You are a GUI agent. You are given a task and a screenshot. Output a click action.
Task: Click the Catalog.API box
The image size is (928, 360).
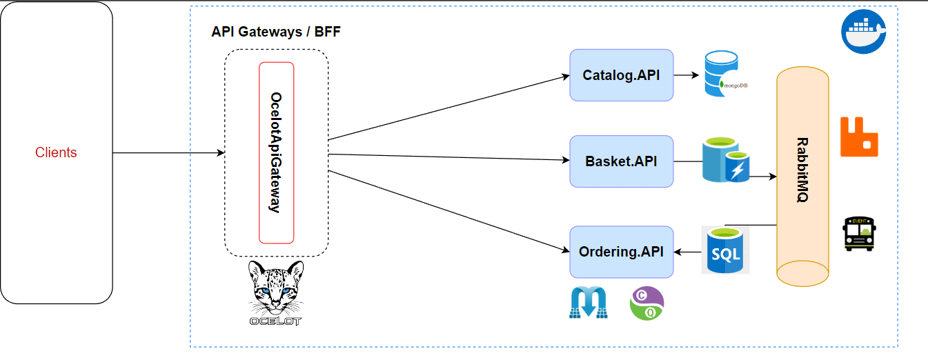coord(621,75)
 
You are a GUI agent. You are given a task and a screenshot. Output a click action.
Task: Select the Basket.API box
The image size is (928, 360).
coord(621,161)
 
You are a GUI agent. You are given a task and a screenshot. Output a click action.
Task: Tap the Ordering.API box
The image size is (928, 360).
coord(621,252)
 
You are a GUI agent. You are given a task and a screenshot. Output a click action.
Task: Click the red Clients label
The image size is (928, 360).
coord(56,152)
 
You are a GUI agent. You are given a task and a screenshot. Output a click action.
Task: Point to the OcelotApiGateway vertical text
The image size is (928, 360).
coord(275,152)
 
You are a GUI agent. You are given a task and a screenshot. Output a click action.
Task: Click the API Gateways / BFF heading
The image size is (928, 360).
coord(276,32)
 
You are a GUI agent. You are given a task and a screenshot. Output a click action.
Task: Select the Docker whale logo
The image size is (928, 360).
coord(862,31)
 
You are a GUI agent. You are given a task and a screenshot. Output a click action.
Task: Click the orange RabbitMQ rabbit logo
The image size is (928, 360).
coord(858,137)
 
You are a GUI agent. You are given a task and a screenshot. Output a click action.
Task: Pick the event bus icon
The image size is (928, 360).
coord(859,233)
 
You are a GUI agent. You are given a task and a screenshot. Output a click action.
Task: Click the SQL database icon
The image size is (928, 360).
coord(725,250)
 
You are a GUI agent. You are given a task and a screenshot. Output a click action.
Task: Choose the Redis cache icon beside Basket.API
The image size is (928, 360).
coord(725,160)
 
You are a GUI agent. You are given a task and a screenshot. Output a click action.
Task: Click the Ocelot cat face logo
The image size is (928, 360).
coord(275,290)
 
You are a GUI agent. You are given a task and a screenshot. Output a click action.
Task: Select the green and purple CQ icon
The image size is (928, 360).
coord(646,303)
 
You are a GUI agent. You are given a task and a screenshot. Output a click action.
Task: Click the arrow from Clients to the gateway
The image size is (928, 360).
coord(169,152)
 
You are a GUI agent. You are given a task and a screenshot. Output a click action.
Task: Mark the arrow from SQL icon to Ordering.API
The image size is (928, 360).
coord(687,252)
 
